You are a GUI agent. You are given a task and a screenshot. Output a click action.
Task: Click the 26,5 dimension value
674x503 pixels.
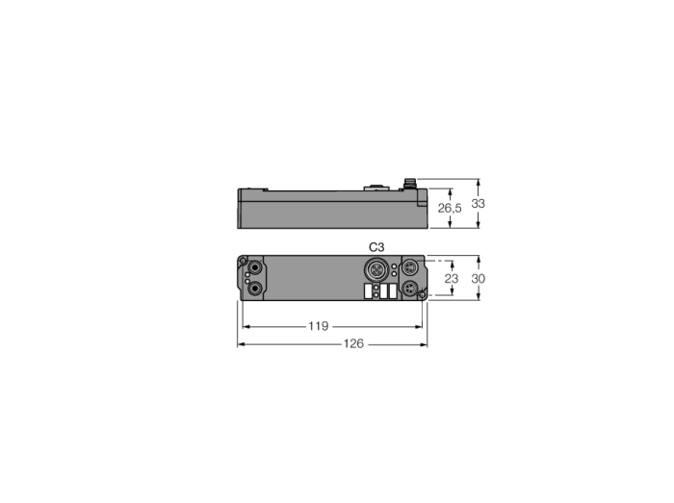pos(450,208)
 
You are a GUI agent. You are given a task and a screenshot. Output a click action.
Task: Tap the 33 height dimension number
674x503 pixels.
pos(478,204)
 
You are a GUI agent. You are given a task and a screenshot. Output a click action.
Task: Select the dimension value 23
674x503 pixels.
pos(452,279)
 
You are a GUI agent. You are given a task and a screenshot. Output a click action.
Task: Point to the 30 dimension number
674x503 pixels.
pos(478,279)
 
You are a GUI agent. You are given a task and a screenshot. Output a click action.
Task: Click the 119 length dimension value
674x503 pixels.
pos(318,326)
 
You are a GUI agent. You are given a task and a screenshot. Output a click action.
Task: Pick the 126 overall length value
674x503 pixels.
pos(353,343)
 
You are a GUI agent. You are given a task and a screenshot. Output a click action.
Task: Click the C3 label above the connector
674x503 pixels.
pos(376,247)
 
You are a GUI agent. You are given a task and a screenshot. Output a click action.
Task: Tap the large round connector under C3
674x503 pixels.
pos(376,269)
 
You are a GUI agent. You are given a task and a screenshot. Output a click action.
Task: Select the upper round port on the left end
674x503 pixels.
pos(256,267)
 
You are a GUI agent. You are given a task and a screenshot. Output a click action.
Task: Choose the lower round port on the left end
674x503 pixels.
pos(256,289)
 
